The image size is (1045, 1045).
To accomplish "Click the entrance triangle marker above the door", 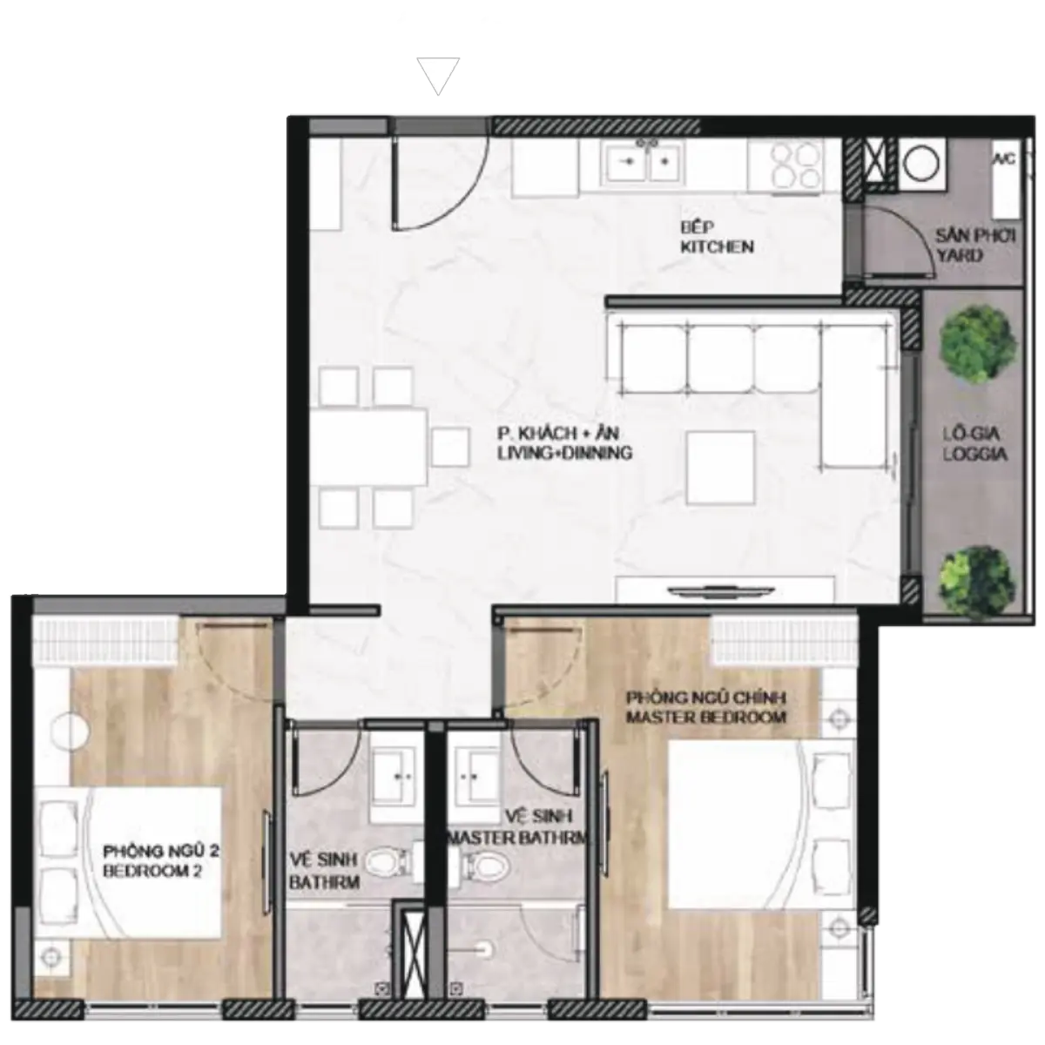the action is pos(438,75).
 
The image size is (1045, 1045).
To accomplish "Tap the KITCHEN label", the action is pos(717,247).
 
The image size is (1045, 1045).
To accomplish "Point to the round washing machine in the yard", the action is pos(922,163).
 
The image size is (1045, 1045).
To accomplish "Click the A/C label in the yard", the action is pos(1004,159).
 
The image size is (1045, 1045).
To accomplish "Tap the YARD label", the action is pos(960,255).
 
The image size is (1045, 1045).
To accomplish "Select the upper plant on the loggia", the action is pos(978,343).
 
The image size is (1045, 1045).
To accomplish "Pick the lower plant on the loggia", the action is pos(977,580).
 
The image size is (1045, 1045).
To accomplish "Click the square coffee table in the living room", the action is pos(720,468).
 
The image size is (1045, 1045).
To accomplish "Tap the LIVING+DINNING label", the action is pos(565,453).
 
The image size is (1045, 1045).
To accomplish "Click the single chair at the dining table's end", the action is pos(450,447).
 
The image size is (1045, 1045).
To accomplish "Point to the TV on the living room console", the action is pos(721,590).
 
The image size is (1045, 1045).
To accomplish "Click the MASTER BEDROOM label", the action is pos(706,717).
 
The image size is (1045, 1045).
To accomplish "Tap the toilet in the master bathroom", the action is pos(484,863).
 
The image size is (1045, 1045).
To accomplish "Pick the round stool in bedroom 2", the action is pos(70,731).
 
